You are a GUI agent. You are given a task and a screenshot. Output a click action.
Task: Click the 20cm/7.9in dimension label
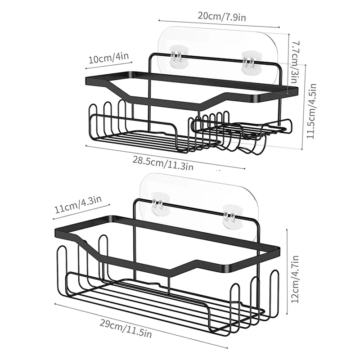tap(221, 16)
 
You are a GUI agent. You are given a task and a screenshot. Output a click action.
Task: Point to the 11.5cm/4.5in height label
tap(311, 111)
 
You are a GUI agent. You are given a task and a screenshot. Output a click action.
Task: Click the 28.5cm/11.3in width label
tap(163, 162)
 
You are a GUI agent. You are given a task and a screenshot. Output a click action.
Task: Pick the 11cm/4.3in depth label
tap(78, 205)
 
